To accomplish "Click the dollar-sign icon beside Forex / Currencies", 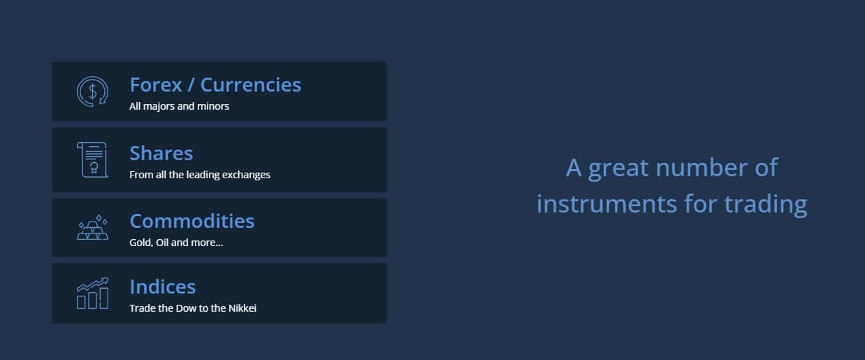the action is pos(92,92).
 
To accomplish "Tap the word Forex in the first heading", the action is pos(156,85).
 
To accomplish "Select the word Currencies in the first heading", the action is pos(251,85).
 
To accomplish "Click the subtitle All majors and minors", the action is pos(179,106).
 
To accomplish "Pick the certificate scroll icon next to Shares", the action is pos(92,159).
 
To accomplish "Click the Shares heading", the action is pos(161,153).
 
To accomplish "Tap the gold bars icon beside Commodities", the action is pos(92,227).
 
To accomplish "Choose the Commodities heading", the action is pos(192,221).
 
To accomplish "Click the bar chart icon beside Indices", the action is pos(92,294).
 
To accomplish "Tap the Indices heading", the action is pos(163,287).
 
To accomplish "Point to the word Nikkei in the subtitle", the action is pos(242,308).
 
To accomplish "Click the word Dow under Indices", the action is pos(186,308).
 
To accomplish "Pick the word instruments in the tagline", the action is pos(606,203).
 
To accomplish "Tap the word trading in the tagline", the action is pos(765,205).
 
